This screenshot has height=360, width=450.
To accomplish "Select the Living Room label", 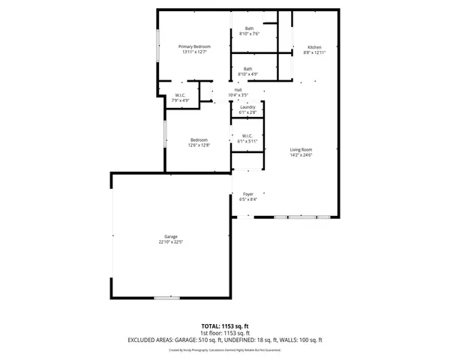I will point(301,150).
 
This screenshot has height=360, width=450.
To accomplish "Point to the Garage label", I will point(171,236).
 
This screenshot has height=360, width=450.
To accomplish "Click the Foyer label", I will point(247,194).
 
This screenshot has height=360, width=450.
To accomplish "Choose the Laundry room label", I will point(247,107).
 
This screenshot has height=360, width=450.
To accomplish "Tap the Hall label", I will point(238,90).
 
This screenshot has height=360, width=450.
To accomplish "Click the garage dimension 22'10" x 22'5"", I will point(171,242).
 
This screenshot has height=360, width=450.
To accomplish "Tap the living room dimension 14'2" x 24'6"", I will point(301,155).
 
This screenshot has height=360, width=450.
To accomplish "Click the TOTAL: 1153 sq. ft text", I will point(225,326).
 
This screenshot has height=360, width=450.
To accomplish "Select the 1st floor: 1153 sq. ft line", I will point(225,333).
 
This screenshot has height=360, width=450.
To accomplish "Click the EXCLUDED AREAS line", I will point(225,340).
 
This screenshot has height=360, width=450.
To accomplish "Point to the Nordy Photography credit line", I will point(225,349).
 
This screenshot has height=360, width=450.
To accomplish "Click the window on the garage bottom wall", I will point(167,298).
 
